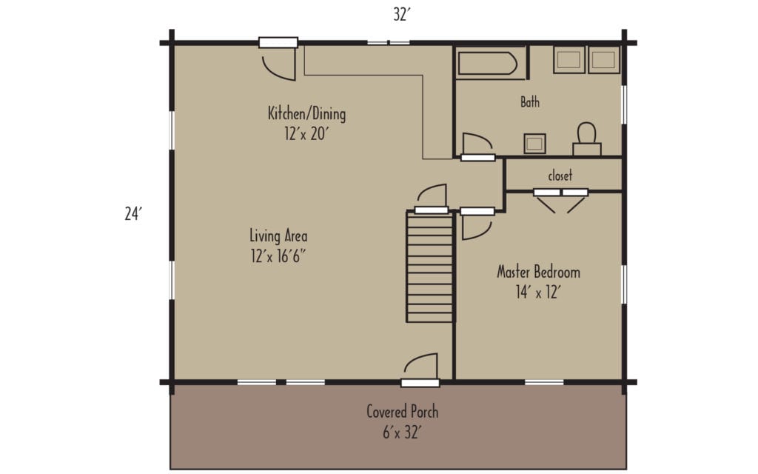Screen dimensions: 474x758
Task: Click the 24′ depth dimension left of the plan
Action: (x=133, y=214)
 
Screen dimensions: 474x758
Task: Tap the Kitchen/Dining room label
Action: (x=306, y=114)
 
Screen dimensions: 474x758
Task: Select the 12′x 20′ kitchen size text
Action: (x=306, y=136)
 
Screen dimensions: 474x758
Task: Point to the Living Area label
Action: (x=278, y=236)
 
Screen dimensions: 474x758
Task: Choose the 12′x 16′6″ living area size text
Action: (x=278, y=257)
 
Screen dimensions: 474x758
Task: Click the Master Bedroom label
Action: (x=538, y=272)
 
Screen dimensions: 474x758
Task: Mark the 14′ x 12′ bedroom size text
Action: (x=538, y=293)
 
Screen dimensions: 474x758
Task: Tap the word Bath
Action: (x=530, y=103)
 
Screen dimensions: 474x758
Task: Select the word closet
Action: (x=560, y=176)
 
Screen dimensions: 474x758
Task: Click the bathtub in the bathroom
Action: (x=489, y=63)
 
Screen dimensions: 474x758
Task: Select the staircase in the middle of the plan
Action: (x=430, y=267)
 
